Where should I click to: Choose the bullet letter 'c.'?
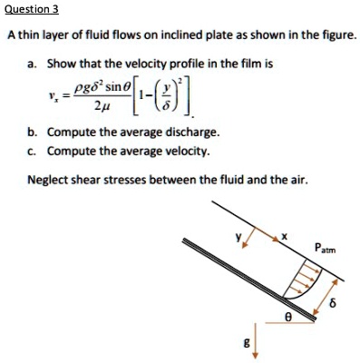coord(33,152)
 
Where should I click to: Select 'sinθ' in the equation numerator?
coord(111,92)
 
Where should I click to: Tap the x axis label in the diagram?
coord(283,238)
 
